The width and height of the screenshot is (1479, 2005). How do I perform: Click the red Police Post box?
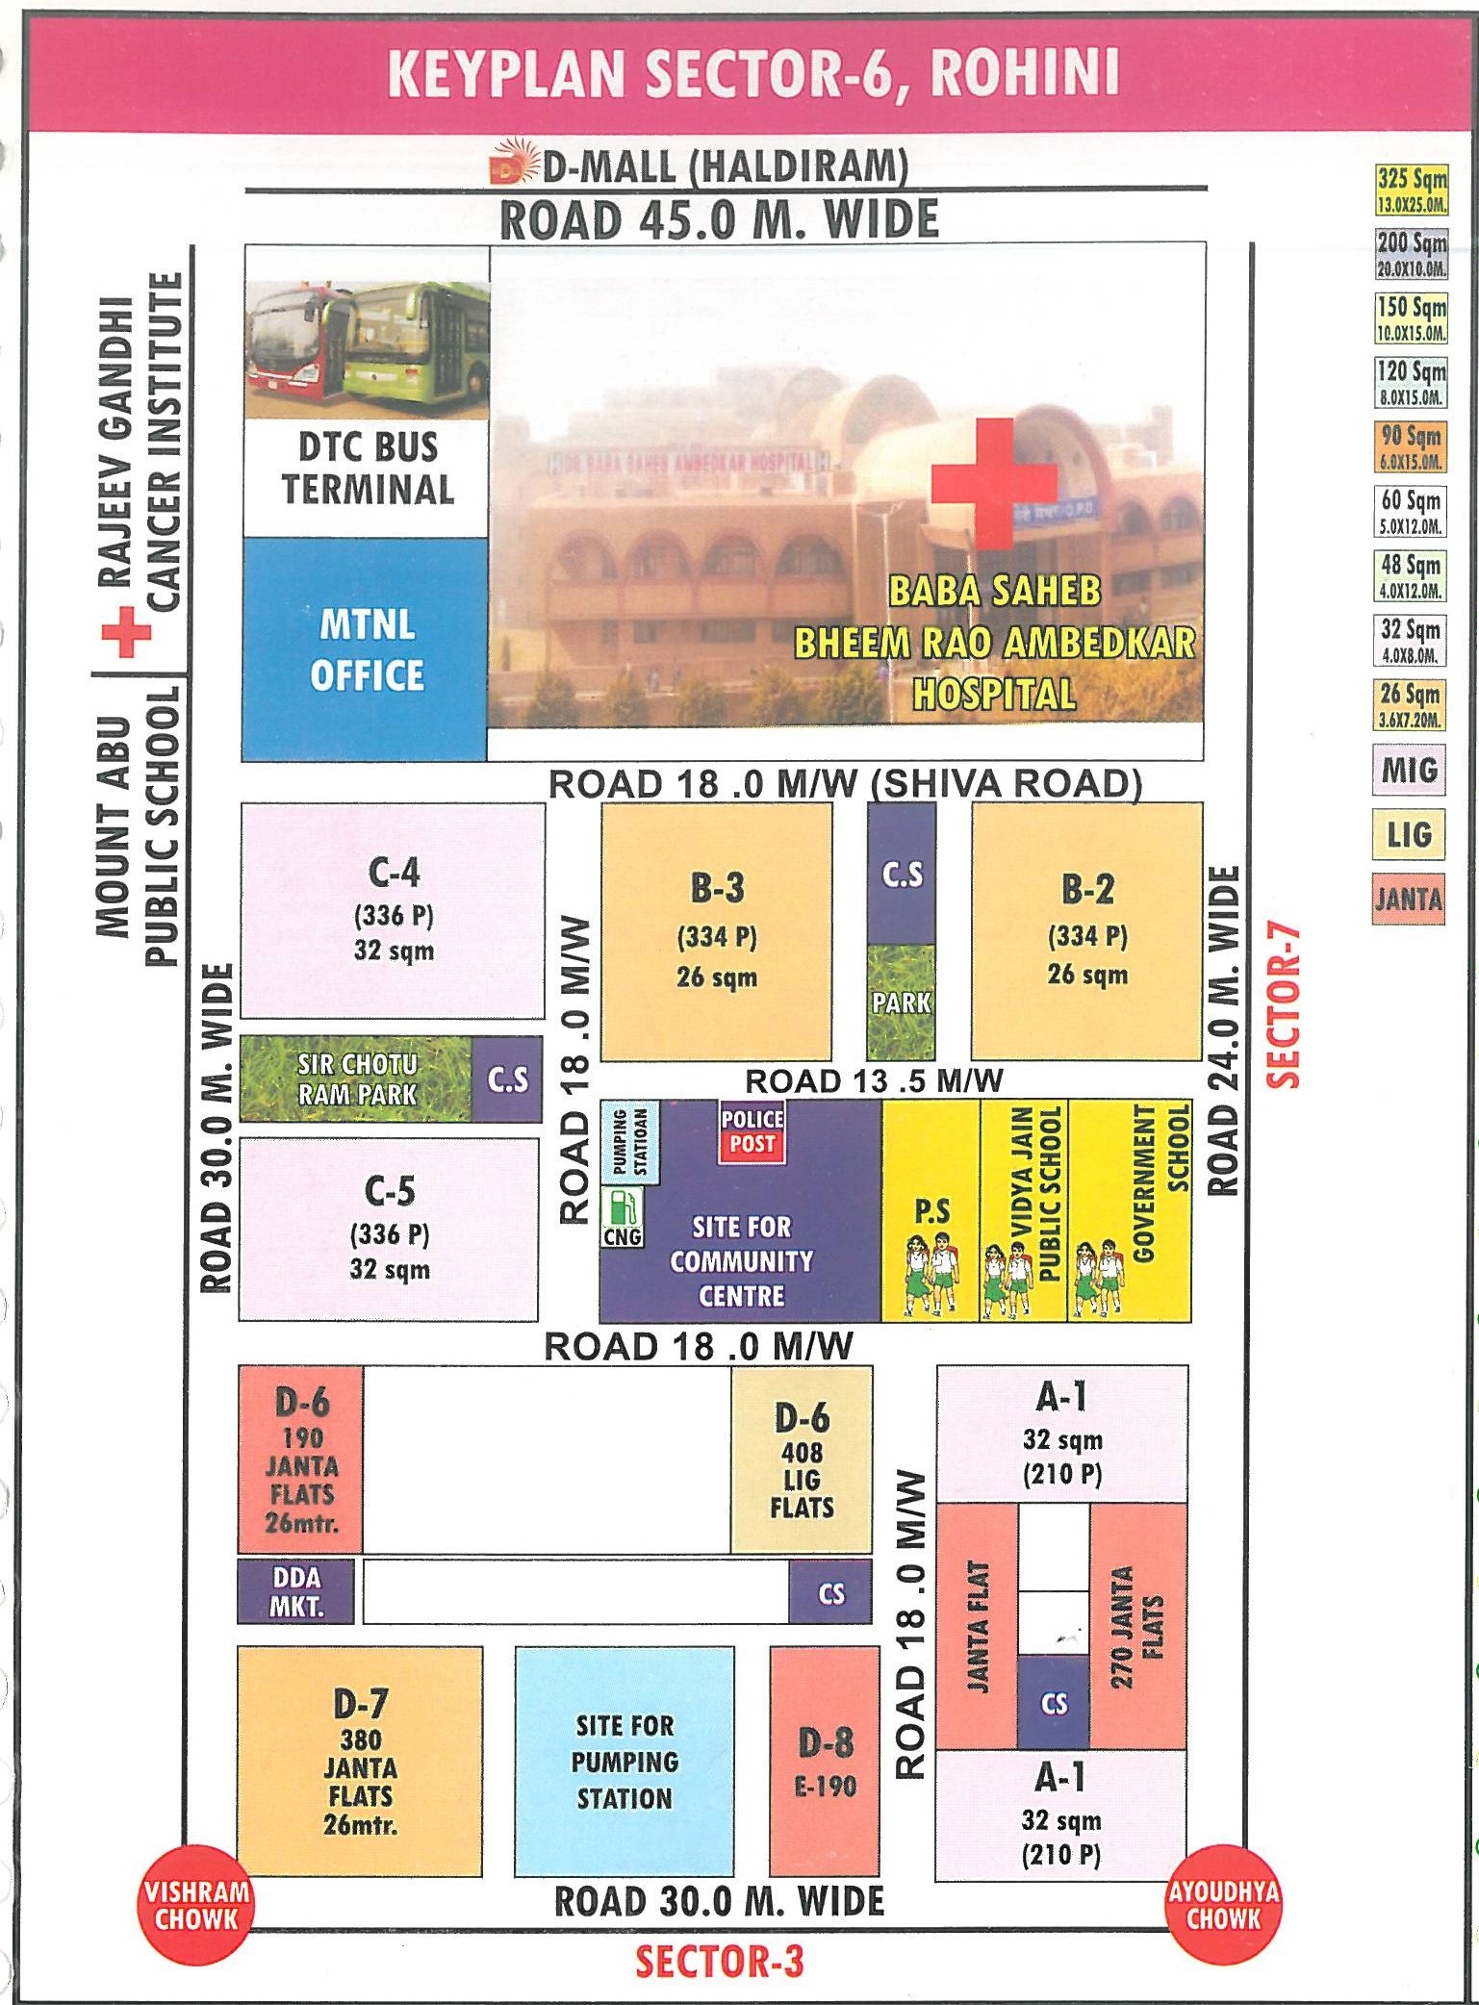coord(752,1131)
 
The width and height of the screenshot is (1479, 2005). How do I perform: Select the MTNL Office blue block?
coord(365,649)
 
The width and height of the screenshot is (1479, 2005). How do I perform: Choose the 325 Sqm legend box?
coord(1411,189)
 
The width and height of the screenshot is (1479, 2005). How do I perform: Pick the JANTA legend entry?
coord(1409,900)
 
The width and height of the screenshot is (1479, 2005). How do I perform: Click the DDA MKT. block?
coord(296,1591)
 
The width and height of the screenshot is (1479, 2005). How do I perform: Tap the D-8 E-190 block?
coord(825,1760)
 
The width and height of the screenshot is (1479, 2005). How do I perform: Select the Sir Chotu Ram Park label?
coord(357,1079)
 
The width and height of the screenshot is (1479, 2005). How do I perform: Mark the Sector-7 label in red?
coord(1284,1006)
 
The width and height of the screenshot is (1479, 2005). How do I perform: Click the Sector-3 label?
coord(719,1960)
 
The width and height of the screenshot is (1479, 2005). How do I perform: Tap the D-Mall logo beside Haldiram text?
coord(511,165)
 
